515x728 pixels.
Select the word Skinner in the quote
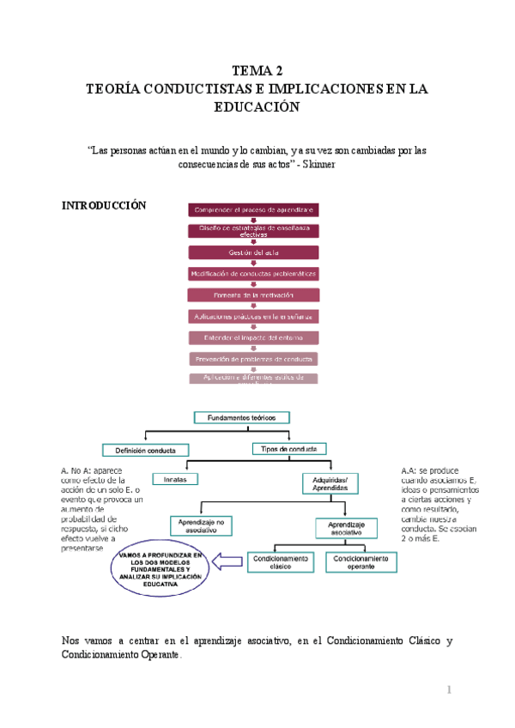coord(314,166)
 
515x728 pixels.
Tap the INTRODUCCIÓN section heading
coord(105,206)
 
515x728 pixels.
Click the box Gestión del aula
coord(253,252)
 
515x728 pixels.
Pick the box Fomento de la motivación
coord(253,294)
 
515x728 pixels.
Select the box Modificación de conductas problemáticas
coord(253,274)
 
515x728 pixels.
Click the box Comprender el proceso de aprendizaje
coord(253,210)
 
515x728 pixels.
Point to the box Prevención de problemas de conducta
coord(253,358)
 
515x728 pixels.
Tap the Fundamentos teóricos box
coord(242,417)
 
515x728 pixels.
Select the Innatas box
coord(175,478)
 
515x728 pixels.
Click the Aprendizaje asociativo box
coord(348,527)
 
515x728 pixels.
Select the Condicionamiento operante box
coord(361,561)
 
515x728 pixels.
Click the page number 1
coord(448,691)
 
